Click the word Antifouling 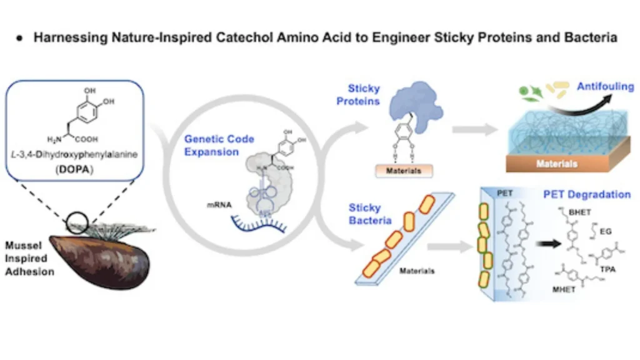coord(605,87)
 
